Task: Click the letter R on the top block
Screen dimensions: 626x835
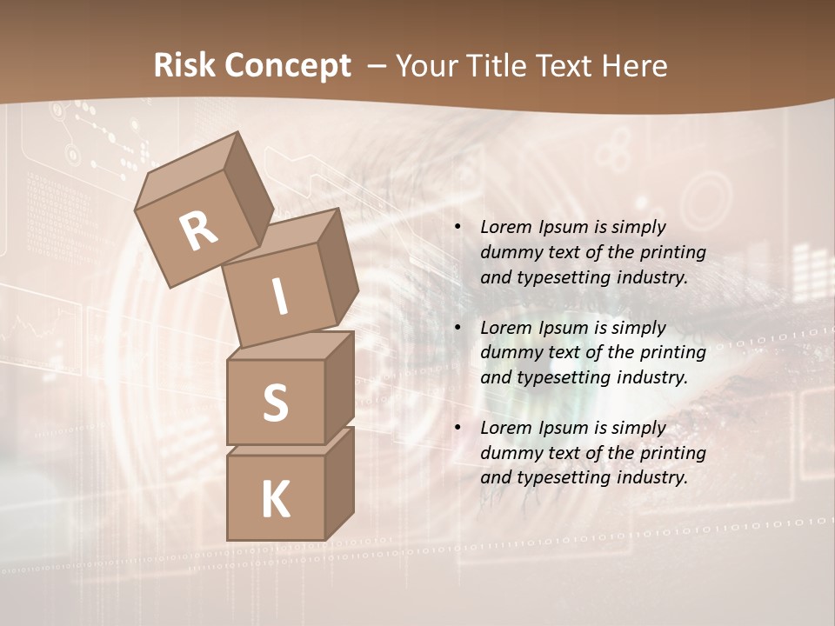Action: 198,231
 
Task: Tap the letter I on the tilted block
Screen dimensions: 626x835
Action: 279,296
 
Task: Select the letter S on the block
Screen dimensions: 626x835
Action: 275,403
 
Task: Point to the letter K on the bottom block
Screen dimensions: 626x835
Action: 275,500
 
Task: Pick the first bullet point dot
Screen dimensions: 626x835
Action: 458,228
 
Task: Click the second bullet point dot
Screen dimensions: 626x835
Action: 458,328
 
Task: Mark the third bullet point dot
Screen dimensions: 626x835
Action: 458,428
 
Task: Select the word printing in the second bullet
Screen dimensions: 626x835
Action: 672,353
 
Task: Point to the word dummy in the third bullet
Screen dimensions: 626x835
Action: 507,453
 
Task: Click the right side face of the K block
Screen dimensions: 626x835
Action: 339,483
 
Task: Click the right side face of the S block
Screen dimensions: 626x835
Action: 339,387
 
